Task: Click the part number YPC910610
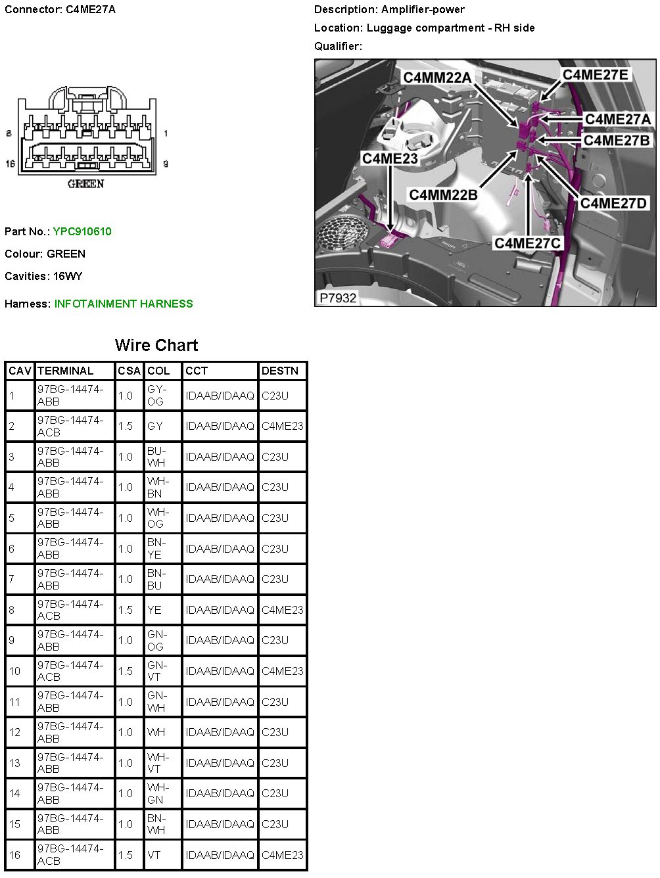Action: pos(82,231)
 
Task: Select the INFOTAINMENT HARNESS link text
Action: pos(124,304)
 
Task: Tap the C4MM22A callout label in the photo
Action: pos(437,78)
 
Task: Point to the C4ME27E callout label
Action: pos(595,74)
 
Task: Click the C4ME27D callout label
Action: pos(613,203)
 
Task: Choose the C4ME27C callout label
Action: pos(528,243)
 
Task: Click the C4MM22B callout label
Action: pos(443,195)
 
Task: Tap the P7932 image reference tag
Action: pos(338,298)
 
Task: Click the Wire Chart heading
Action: pos(156,345)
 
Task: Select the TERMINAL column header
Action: pos(66,371)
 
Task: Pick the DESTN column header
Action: pos(279,371)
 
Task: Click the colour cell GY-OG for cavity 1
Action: pos(155,395)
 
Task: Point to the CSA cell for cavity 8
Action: pos(126,610)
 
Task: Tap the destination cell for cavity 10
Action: pos(282,671)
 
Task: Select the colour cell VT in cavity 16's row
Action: pos(154,855)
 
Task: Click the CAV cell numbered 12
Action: pos(15,732)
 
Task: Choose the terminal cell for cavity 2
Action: pos(70,426)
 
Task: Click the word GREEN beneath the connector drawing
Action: pos(85,184)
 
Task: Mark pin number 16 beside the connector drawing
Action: pos(10,164)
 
